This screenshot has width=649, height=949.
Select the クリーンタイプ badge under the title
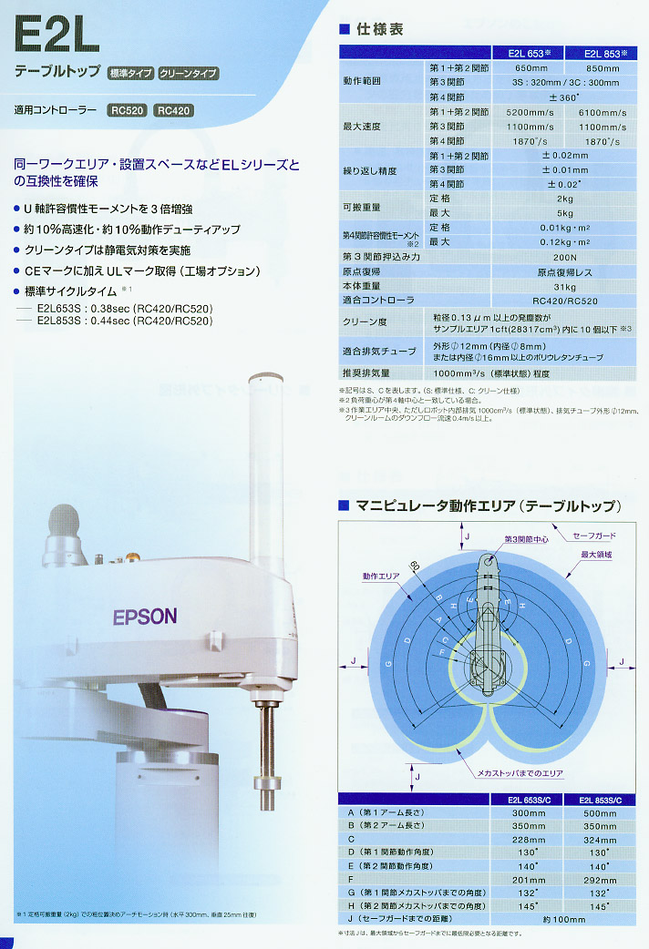point(189,73)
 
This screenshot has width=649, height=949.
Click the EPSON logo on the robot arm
point(145,616)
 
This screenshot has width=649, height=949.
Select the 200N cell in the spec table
point(564,257)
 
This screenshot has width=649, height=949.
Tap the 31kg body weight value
point(564,286)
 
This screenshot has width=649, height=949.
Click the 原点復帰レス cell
point(564,271)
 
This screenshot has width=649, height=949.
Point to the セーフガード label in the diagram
point(595,536)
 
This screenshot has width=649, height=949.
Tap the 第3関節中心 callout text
point(526,539)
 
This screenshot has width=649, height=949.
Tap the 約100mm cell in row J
point(564,920)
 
